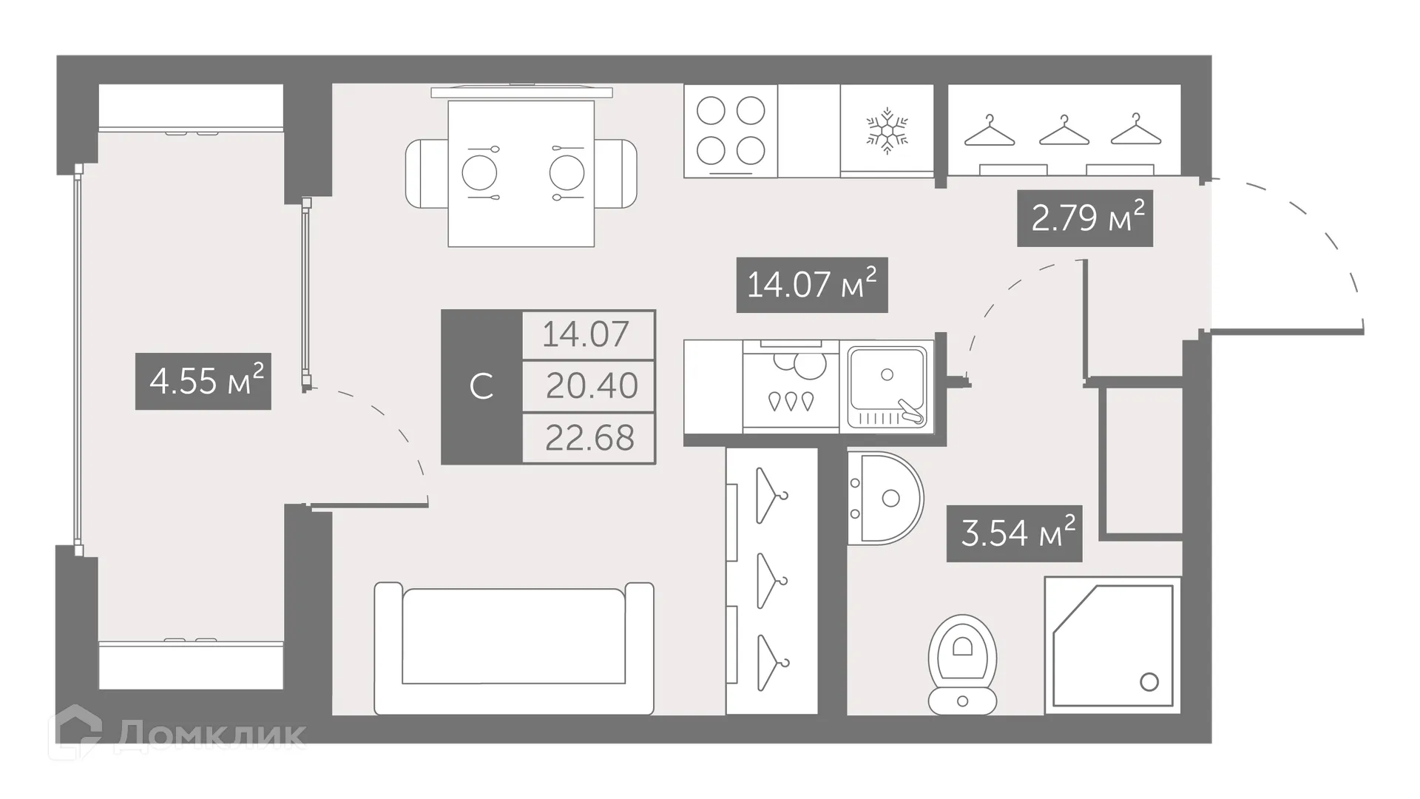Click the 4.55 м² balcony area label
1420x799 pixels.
pos(203,382)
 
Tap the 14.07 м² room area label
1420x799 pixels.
pos(811,285)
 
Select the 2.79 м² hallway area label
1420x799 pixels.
pos(1085,218)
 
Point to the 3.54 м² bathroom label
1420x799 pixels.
pos(1014,533)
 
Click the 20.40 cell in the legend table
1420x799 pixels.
pos(589,386)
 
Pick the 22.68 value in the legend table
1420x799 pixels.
pos(589,438)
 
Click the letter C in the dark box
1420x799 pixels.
pos(481,387)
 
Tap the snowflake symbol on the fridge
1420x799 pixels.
pos(887,132)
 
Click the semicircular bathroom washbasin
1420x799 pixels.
pos(886,498)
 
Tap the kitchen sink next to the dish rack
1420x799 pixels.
pos(887,386)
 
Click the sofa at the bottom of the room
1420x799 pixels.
pos(514,649)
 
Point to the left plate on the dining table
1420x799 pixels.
pos(479,173)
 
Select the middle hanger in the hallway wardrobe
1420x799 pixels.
pos(1064,131)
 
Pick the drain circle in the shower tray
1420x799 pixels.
pos(1149,681)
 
